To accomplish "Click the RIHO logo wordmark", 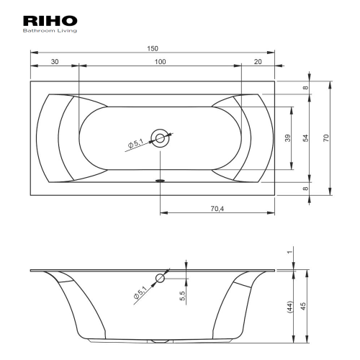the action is coord(50,21).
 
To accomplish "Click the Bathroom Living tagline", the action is coord(50,31).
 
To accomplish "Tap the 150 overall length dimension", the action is coord(153,48).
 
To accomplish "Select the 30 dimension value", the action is coord(55,62).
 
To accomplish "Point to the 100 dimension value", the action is coord(160,62).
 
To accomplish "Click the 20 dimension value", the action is coord(258,62).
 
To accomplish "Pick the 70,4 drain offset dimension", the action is coord(217,209).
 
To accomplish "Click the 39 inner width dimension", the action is coord(288,138).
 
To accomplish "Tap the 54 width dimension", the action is coord(305,138).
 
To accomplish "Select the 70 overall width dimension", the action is coord(325,138).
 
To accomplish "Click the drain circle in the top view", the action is coord(160,138).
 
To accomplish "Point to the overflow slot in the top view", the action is coord(160,181).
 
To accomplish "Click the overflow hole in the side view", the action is coord(160,279).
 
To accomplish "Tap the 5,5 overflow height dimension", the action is coord(182,296).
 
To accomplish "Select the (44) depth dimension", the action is coord(290,307).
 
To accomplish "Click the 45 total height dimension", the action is coord(303,306).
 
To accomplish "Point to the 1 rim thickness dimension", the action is coord(290,252).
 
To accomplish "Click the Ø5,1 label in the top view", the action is coord(135,143).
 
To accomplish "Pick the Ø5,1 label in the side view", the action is coord(140,292).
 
